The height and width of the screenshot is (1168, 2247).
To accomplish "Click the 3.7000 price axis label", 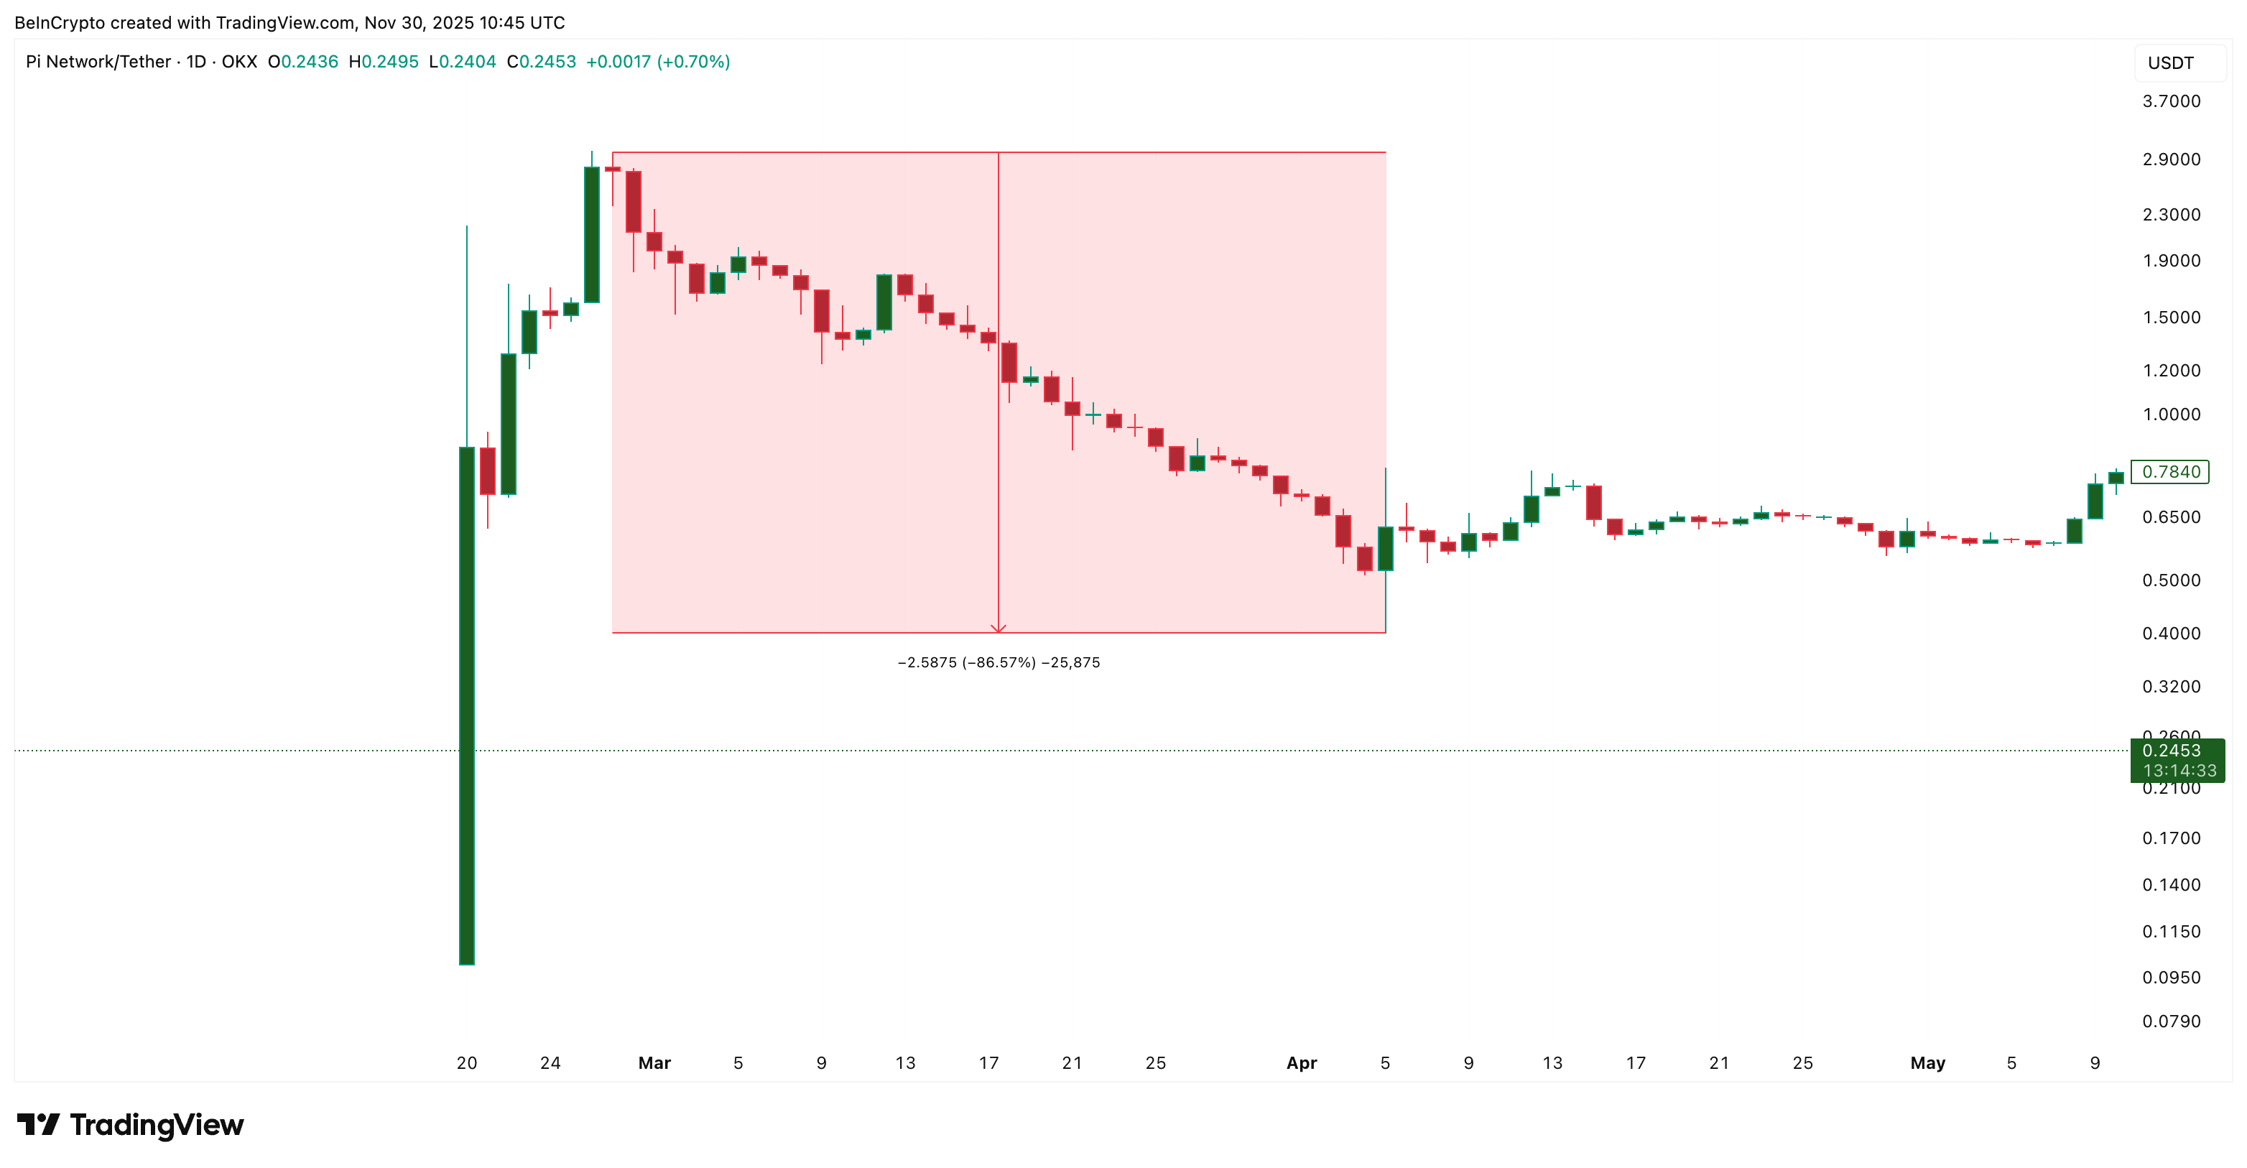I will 2170,101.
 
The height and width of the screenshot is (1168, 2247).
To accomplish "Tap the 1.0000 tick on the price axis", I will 2170,414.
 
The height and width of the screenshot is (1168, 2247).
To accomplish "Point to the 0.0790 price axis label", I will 2170,1021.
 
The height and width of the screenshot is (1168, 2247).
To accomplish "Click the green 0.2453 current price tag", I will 2177,760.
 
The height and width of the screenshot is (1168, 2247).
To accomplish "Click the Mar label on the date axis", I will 654,1062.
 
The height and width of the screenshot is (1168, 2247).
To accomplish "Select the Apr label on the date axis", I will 1302,1062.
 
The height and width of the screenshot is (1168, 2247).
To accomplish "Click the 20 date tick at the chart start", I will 467,1062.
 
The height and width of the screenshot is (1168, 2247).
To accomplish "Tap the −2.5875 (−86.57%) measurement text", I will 998,662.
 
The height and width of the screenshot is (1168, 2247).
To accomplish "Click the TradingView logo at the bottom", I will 131,1124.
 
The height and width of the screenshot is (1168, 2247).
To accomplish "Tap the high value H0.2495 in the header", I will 383,62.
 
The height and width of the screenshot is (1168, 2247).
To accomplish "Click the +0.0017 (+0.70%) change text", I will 658,62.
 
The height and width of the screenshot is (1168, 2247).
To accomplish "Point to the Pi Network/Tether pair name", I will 98,62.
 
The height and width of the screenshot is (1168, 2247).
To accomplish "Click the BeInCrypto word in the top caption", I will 60,23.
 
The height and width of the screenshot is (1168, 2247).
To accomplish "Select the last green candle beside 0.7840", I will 2116,477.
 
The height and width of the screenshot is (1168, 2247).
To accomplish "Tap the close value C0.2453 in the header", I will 541,62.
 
